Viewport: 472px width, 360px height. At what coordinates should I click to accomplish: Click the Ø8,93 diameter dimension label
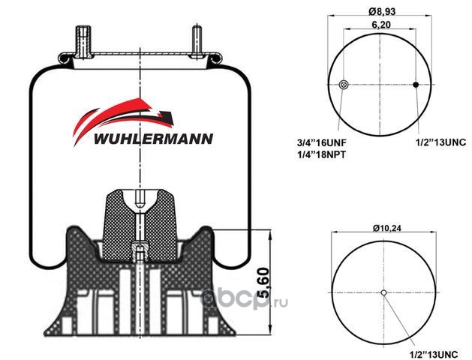382,11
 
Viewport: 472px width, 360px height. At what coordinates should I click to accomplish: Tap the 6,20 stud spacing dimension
381,25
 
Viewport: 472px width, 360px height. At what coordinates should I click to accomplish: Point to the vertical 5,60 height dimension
263,283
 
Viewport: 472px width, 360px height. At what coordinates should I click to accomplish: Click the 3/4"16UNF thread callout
322,142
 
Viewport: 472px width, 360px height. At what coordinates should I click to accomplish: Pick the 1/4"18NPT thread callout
321,154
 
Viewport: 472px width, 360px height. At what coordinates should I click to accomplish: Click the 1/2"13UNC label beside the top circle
440,142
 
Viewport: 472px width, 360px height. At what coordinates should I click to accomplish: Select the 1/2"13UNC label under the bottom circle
434,354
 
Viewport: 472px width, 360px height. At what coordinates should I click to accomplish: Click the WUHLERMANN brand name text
154,139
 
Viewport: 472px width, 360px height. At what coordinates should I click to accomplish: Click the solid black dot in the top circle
416,85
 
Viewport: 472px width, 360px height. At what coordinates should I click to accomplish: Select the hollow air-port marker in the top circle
344,85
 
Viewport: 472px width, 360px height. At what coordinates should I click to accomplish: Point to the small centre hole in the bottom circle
383,292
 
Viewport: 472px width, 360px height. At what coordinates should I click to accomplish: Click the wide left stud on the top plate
83,42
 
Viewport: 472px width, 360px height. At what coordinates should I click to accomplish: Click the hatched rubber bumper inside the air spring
140,223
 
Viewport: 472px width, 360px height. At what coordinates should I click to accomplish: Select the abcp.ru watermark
244,298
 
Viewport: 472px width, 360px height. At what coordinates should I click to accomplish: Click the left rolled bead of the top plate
65,58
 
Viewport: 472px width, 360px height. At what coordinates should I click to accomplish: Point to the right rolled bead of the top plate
215,58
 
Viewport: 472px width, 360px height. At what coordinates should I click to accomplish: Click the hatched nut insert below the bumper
140,249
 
